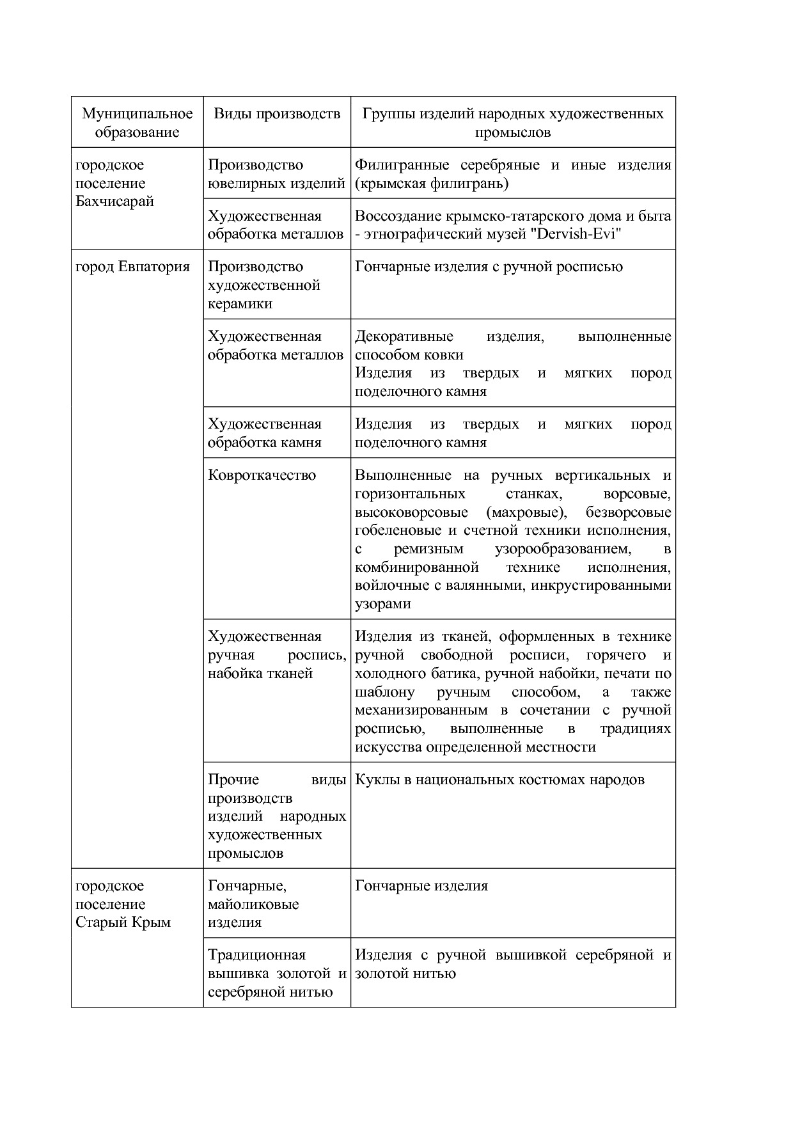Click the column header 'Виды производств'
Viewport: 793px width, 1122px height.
[x=276, y=114]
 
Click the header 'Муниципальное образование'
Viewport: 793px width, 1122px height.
[x=137, y=123]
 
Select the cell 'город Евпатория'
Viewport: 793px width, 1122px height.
[x=132, y=267]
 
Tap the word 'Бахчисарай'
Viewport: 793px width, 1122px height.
[x=114, y=201]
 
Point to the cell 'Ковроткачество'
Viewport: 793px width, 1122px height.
[x=262, y=475]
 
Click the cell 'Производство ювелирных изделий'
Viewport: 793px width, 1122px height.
[x=276, y=174]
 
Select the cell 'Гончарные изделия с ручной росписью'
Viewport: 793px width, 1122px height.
[x=488, y=267]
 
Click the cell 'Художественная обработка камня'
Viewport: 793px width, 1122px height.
[x=265, y=433]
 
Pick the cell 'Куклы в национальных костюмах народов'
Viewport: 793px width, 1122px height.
[x=499, y=780]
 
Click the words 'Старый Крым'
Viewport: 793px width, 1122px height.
[x=123, y=922]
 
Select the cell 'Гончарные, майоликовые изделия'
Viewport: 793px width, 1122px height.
[x=253, y=904]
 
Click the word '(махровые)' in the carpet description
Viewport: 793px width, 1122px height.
[x=526, y=512]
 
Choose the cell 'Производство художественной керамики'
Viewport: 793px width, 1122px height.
[x=263, y=285]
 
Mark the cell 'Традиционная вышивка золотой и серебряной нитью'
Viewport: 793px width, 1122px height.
[x=276, y=973]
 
